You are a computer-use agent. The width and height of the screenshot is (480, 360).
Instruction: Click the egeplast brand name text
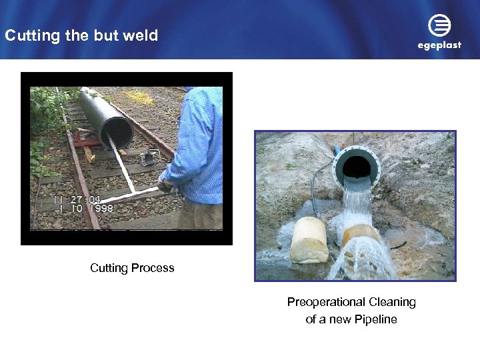[x=439, y=46]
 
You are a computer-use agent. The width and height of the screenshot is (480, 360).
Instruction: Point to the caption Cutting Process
[x=132, y=268]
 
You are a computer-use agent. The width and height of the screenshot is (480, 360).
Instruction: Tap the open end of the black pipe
[x=115, y=131]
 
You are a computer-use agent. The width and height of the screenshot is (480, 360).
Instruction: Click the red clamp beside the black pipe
[x=84, y=141]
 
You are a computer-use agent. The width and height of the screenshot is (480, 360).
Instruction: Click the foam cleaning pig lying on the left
[x=309, y=239]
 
